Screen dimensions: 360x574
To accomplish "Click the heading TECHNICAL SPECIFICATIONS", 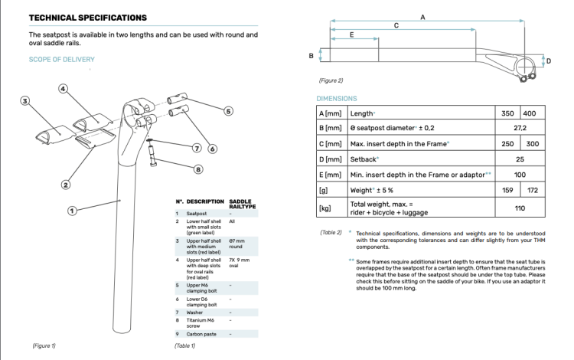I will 88,17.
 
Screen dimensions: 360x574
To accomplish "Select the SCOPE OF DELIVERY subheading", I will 61,60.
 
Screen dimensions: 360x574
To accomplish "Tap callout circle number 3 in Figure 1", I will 25,100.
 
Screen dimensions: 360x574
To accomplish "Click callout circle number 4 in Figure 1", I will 64,88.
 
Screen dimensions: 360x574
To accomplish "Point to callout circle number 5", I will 228,111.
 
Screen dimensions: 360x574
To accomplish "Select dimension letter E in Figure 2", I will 351,35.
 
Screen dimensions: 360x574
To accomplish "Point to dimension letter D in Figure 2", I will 548,61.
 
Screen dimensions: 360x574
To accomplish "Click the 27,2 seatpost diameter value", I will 520,128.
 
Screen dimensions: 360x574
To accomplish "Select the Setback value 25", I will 520,159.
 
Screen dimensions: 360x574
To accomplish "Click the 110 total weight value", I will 520,208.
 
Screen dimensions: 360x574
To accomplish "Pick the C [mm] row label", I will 331,143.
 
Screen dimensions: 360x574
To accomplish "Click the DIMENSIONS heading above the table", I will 337,98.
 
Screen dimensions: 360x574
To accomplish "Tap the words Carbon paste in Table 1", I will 201,333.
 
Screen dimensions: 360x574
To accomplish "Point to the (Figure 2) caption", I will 331,80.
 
